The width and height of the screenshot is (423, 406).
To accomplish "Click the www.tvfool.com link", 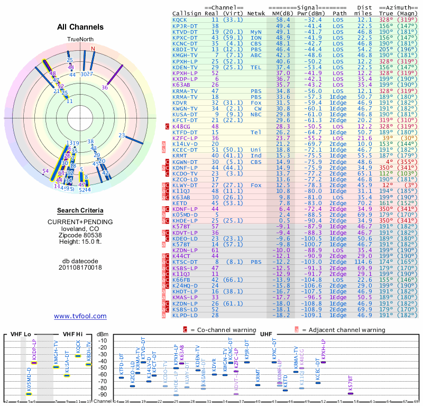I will (80, 316).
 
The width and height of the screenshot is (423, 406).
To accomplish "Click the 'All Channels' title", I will (80, 27).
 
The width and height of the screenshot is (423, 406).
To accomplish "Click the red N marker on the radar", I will (93, 49).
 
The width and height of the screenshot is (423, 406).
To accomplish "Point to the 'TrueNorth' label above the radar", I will (80, 40).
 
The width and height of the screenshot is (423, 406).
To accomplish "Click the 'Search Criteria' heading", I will (80, 210).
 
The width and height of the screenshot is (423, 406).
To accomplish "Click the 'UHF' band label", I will (266, 334).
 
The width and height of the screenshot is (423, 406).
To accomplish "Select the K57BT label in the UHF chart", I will (351, 382).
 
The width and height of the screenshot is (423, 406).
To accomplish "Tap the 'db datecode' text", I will (80, 261).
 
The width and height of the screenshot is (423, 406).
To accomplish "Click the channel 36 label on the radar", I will (105, 87).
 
